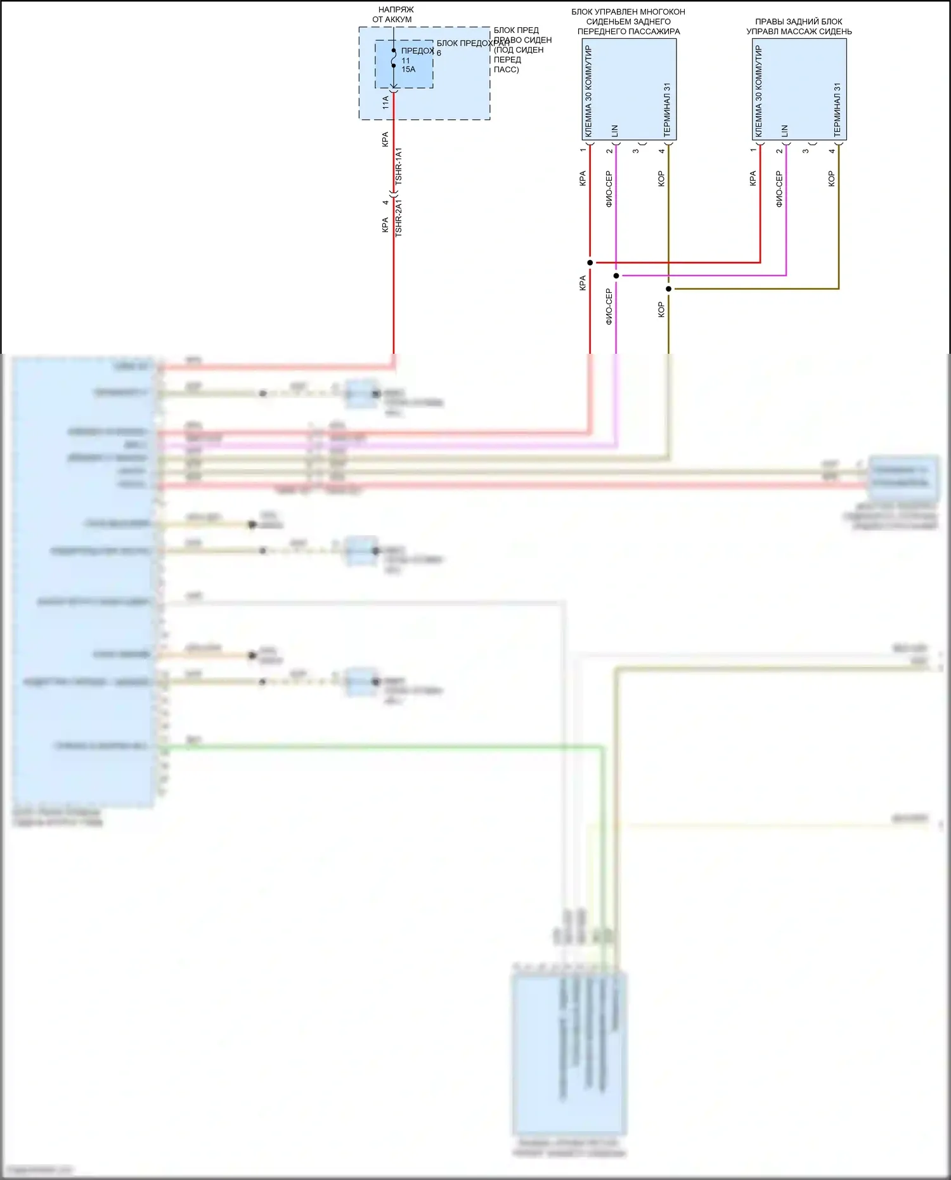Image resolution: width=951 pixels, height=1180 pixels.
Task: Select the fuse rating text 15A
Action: [x=408, y=70]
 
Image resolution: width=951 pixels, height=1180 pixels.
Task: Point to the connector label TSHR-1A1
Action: [x=399, y=166]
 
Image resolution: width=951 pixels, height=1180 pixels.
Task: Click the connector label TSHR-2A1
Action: [x=399, y=218]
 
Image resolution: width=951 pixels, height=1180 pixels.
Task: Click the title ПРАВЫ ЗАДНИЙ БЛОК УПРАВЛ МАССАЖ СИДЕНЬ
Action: [x=799, y=27]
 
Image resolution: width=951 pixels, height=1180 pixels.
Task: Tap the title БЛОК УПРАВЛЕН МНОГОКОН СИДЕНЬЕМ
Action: [x=628, y=22]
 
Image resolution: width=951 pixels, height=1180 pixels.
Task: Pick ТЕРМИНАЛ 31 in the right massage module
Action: [x=838, y=110]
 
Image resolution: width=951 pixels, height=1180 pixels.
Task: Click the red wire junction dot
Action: [x=590, y=263]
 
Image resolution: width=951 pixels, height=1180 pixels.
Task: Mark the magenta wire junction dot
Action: [x=616, y=276]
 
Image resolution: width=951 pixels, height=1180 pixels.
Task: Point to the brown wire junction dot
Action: [x=669, y=289]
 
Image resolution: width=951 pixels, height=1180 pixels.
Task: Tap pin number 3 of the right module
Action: [x=806, y=151]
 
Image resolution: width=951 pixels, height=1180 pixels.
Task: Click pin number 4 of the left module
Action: [x=662, y=151]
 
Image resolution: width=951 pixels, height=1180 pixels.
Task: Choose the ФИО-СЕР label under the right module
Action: [x=779, y=189]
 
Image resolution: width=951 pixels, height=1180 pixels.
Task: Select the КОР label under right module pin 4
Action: [x=832, y=179]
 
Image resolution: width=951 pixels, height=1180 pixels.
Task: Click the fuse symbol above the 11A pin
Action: [x=394, y=58]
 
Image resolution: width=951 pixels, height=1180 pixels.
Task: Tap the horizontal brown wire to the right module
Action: [x=754, y=289]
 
